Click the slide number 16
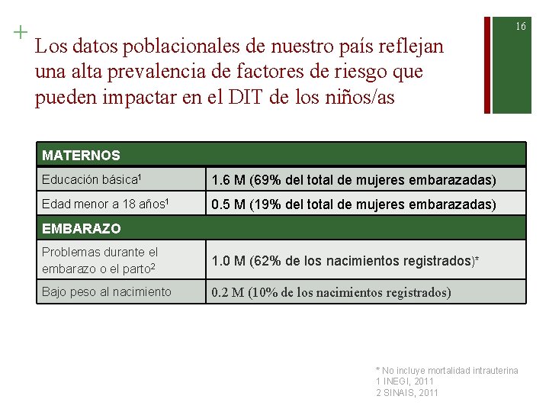[x=521, y=27]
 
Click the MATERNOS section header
[x=81, y=156]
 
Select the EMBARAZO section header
[x=81, y=228]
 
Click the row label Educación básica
[x=91, y=180]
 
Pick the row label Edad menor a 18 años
[x=105, y=204]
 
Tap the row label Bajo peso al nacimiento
[x=106, y=291]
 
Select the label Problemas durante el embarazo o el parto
[x=100, y=259]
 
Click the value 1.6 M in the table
[x=228, y=181]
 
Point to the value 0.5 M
[x=228, y=205]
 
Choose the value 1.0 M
[x=228, y=261]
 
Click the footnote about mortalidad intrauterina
[x=447, y=370]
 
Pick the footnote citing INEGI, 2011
[x=405, y=381]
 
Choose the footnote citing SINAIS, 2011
[x=407, y=392]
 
